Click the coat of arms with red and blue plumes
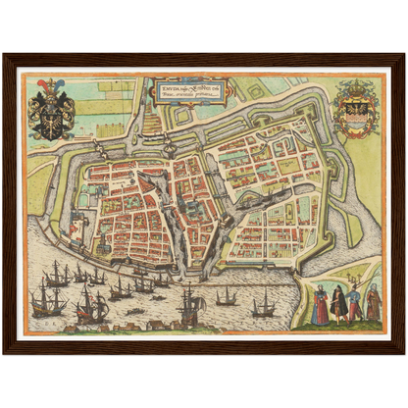click(51, 112)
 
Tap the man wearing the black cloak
click(338, 303)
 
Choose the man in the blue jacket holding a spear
click(354, 304)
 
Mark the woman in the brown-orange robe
click(373, 303)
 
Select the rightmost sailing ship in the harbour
click(263, 307)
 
